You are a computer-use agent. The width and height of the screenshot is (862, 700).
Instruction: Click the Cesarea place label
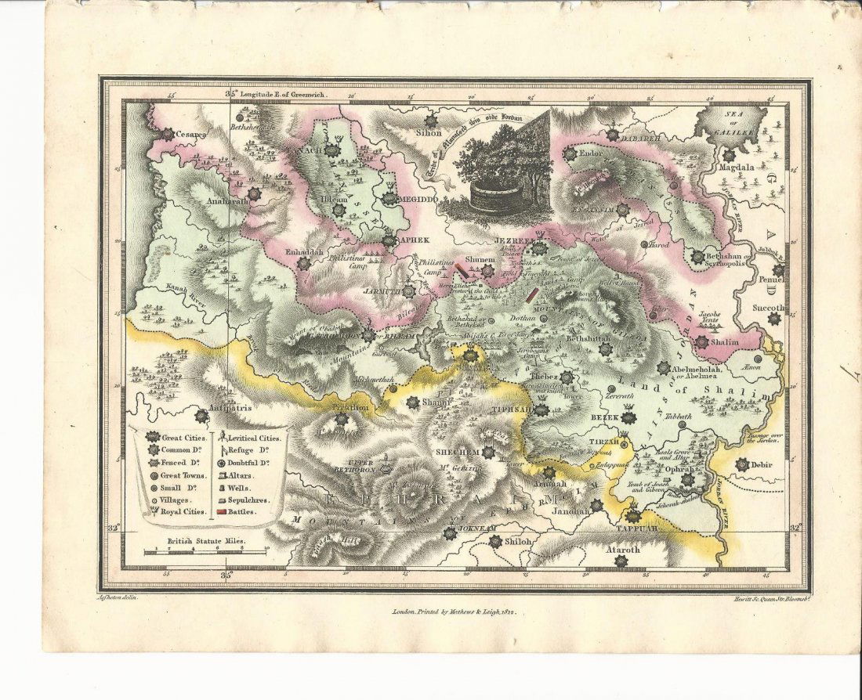click(x=191, y=135)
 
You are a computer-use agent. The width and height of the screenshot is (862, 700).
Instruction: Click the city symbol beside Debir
click(x=742, y=464)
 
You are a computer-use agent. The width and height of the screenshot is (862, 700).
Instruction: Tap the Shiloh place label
click(x=506, y=541)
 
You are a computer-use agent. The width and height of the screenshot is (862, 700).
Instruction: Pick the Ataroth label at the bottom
click(x=622, y=550)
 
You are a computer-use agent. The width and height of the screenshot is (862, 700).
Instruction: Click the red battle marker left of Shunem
click(x=463, y=271)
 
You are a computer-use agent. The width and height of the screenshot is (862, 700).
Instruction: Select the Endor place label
click(x=592, y=153)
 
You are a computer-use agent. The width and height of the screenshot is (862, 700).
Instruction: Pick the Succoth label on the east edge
click(x=768, y=309)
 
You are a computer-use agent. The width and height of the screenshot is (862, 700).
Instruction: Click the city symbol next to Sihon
click(x=430, y=121)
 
